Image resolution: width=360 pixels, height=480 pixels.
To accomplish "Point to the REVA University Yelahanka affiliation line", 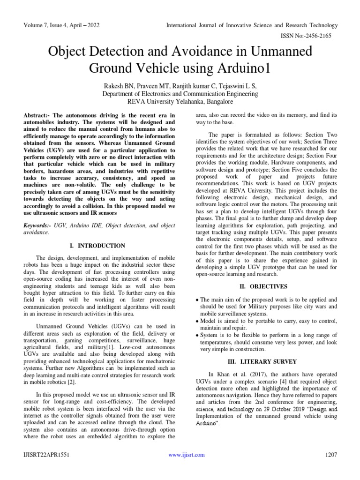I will [180, 101].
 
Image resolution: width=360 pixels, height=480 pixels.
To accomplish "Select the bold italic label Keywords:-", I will [40, 225].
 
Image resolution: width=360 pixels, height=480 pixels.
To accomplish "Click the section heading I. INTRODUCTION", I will [97, 246].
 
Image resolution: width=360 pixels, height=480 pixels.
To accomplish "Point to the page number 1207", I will [330, 455].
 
